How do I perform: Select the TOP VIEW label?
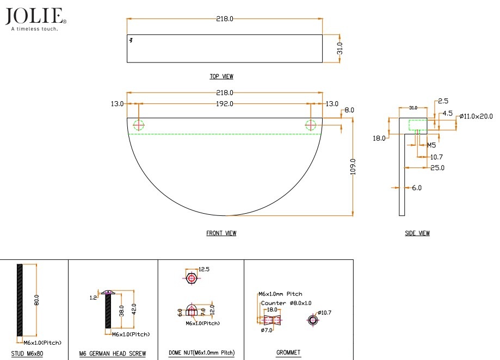click(x=221, y=77)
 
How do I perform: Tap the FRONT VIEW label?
click(x=221, y=233)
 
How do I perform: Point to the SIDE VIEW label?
click(x=417, y=233)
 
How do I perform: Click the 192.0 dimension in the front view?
click(x=224, y=103)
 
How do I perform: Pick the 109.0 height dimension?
click(x=353, y=166)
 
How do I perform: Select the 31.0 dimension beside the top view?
click(x=340, y=49)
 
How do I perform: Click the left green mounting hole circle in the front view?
click(x=139, y=125)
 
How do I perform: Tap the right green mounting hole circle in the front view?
click(x=311, y=125)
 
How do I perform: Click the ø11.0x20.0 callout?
click(x=476, y=116)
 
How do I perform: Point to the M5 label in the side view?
click(x=431, y=145)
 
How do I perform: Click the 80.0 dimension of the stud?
click(x=37, y=301)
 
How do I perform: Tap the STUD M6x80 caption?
click(x=27, y=353)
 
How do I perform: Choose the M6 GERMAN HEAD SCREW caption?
click(x=113, y=353)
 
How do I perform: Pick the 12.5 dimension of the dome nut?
click(x=204, y=269)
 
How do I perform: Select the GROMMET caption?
click(x=288, y=353)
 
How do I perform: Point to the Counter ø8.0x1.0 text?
click(x=286, y=303)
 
